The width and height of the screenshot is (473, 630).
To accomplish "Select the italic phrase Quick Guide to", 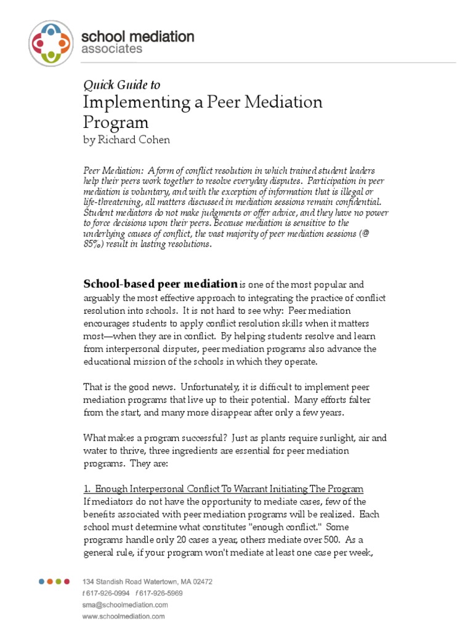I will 121,85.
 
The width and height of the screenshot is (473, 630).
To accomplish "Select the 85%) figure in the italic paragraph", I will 95,244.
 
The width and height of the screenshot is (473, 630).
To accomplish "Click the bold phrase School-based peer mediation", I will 160,284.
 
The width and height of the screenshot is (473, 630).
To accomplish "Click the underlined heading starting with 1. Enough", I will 223,488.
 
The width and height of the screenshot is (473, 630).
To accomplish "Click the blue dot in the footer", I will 41,581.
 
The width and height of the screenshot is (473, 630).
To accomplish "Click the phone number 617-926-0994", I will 108,593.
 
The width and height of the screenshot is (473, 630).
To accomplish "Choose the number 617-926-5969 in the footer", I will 162,593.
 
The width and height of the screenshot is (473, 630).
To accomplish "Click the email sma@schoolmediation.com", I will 123,605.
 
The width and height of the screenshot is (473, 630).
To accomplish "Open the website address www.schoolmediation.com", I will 123,616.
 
